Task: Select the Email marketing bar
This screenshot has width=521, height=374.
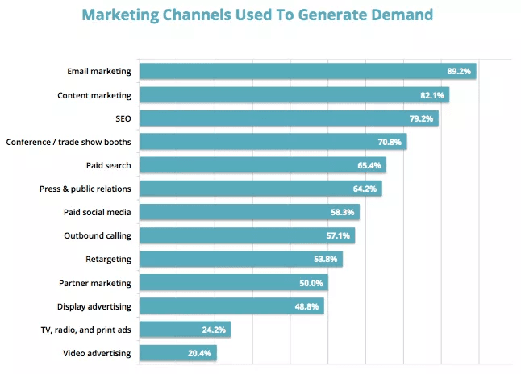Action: (x=307, y=71)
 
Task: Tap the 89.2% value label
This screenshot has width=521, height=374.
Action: (x=459, y=72)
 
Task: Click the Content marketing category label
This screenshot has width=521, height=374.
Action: (x=94, y=95)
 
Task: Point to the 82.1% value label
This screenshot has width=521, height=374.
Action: (x=432, y=95)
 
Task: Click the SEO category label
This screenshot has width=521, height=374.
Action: (x=123, y=118)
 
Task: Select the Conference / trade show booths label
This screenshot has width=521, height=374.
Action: (x=69, y=142)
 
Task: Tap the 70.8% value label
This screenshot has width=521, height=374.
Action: (x=390, y=143)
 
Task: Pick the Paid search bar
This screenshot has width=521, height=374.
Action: (x=262, y=165)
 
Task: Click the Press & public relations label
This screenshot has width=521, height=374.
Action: (x=85, y=189)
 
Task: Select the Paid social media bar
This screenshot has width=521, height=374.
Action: (x=249, y=212)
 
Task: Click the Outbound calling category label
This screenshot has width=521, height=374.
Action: (x=97, y=235)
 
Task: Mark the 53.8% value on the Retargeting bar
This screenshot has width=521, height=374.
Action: (x=326, y=260)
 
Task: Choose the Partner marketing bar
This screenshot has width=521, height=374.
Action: (x=234, y=283)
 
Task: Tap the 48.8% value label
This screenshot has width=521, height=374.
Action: (x=307, y=306)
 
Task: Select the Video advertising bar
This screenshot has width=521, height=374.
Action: (x=177, y=353)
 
